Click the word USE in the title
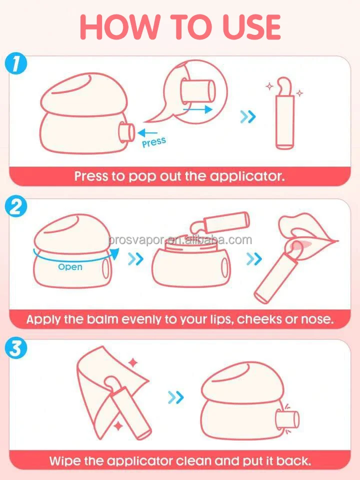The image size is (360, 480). (x=251, y=27)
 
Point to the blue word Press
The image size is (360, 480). (x=154, y=142)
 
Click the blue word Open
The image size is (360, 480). (x=70, y=267)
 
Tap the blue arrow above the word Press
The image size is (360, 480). (x=147, y=133)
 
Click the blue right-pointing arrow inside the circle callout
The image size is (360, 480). (x=197, y=109)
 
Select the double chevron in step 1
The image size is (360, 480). (x=247, y=117)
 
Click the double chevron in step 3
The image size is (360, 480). (x=176, y=397)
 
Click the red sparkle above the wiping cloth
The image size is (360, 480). (x=133, y=363)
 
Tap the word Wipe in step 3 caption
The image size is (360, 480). (x=64, y=460)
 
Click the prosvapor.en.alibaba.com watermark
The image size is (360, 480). (x=180, y=240)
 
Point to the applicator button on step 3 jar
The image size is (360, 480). (x=287, y=419)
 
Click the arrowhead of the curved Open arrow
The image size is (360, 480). (x=114, y=254)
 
